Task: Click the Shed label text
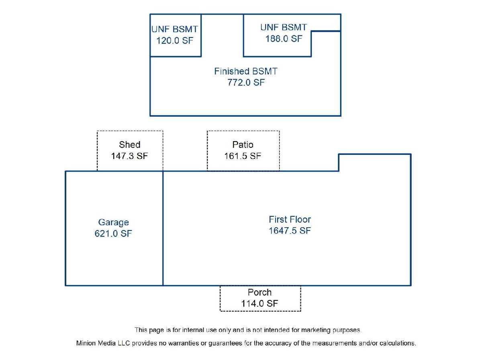pos(130,145)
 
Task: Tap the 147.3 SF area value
pos(130,156)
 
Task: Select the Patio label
pos(243,145)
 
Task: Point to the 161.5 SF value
pos(243,156)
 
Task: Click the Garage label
pos(114,222)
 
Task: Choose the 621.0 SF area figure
pos(113,233)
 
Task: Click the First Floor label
pos(290,219)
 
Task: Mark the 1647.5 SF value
pos(290,230)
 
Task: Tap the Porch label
pos(260,292)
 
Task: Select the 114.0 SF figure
pos(260,304)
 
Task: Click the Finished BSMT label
pos(246,71)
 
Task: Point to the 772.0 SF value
pos(246,82)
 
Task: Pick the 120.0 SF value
pos(175,41)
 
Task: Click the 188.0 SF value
pos(284,39)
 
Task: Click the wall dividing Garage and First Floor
pos(163,228)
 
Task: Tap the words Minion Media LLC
pos(103,343)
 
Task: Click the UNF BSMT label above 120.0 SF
pos(175,29)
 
